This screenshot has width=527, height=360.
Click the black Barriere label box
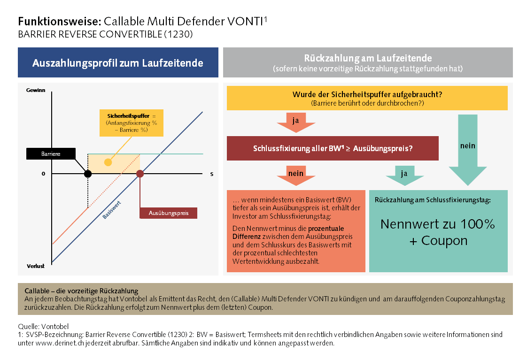click(51, 153)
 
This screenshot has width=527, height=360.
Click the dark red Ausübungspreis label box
click(169, 213)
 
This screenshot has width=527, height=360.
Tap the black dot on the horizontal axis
click(88, 174)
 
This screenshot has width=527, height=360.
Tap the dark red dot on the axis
click(140, 174)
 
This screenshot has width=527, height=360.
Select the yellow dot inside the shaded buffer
click(108, 162)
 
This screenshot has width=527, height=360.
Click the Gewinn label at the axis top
click(36, 90)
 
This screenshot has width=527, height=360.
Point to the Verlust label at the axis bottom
click(36, 266)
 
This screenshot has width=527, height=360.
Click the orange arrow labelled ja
click(295, 122)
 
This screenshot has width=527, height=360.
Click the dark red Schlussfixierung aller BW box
click(333, 148)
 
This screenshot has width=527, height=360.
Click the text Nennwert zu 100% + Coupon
click(437, 232)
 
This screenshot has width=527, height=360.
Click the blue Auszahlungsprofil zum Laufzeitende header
click(118, 63)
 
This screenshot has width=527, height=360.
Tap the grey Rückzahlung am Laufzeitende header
click(368, 63)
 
